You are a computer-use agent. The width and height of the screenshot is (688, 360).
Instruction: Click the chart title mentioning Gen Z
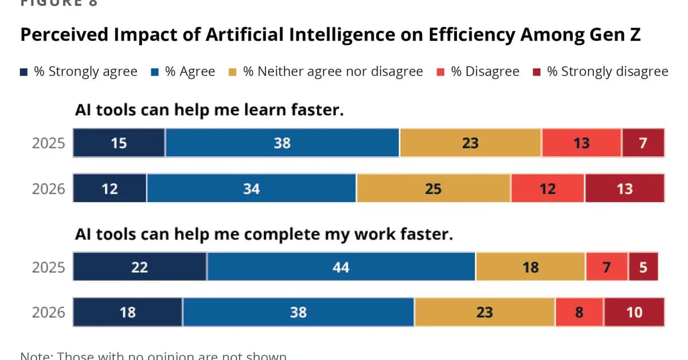(330, 36)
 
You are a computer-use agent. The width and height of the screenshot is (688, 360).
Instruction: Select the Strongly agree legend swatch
(24, 72)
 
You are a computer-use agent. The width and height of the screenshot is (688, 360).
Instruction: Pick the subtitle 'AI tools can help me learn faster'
(209, 110)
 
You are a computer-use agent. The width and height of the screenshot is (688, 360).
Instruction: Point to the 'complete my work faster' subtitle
(264, 235)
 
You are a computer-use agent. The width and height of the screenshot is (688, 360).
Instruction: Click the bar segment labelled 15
(119, 143)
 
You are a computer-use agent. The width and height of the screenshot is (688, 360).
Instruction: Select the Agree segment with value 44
(341, 267)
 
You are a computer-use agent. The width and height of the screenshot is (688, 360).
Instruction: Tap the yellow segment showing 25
(433, 189)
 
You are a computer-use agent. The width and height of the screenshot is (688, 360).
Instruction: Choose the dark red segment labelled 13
(624, 189)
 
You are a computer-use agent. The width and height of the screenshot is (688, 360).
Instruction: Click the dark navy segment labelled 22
(139, 267)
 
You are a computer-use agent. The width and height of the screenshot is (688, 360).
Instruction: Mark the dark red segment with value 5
(643, 267)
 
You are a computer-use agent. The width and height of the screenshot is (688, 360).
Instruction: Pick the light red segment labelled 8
(578, 312)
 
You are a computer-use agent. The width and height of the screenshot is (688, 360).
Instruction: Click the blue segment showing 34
(251, 189)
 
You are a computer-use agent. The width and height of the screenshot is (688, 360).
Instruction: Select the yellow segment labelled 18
(530, 267)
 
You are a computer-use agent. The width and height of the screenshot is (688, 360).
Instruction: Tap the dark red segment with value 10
(634, 312)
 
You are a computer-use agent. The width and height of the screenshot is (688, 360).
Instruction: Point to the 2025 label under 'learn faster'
(48, 143)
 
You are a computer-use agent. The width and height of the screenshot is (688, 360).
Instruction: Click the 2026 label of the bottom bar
(48, 313)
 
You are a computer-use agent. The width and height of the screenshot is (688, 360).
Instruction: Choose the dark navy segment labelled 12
(110, 189)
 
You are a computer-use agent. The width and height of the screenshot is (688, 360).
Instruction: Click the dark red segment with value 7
(643, 143)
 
